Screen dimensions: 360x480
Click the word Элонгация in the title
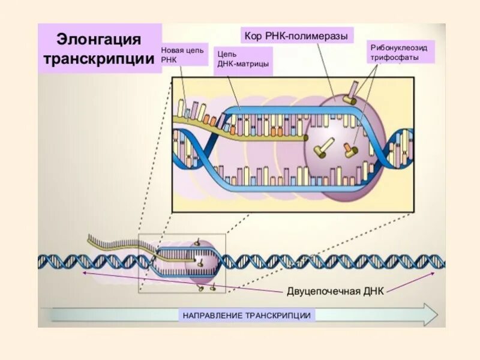pyautogui.click(x=99, y=40)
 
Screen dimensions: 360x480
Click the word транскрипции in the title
pyautogui.click(x=99, y=60)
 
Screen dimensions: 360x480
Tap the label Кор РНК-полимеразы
pyautogui.click(x=296, y=36)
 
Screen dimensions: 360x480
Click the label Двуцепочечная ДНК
pyautogui.click(x=335, y=292)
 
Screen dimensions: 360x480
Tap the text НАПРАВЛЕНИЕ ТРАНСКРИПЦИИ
pyautogui.click(x=246, y=314)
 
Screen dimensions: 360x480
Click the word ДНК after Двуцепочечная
pyautogui.click(x=371, y=292)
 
